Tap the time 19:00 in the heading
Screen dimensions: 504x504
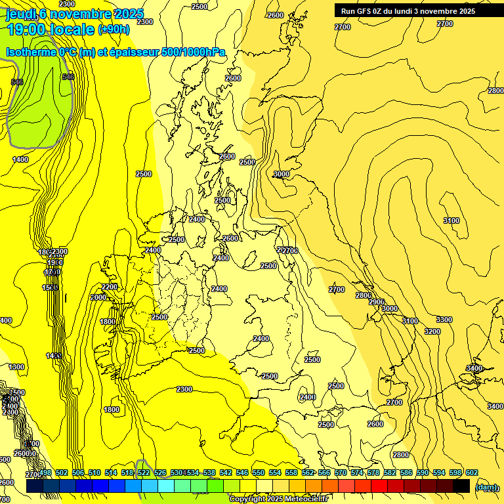(x=30, y=29)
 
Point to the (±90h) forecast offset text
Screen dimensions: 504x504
(x=114, y=30)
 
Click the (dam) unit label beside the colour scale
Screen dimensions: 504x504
(x=486, y=488)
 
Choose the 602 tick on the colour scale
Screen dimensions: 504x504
(x=471, y=472)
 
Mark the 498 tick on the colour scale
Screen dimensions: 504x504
(x=45, y=472)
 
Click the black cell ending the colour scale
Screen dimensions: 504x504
(x=461, y=486)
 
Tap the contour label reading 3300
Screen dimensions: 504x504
(x=444, y=320)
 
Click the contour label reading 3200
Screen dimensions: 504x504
(x=432, y=331)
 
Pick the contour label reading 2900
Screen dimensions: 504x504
(x=377, y=302)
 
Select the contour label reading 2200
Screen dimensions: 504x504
(x=110, y=287)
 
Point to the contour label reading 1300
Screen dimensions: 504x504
(x=17, y=367)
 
